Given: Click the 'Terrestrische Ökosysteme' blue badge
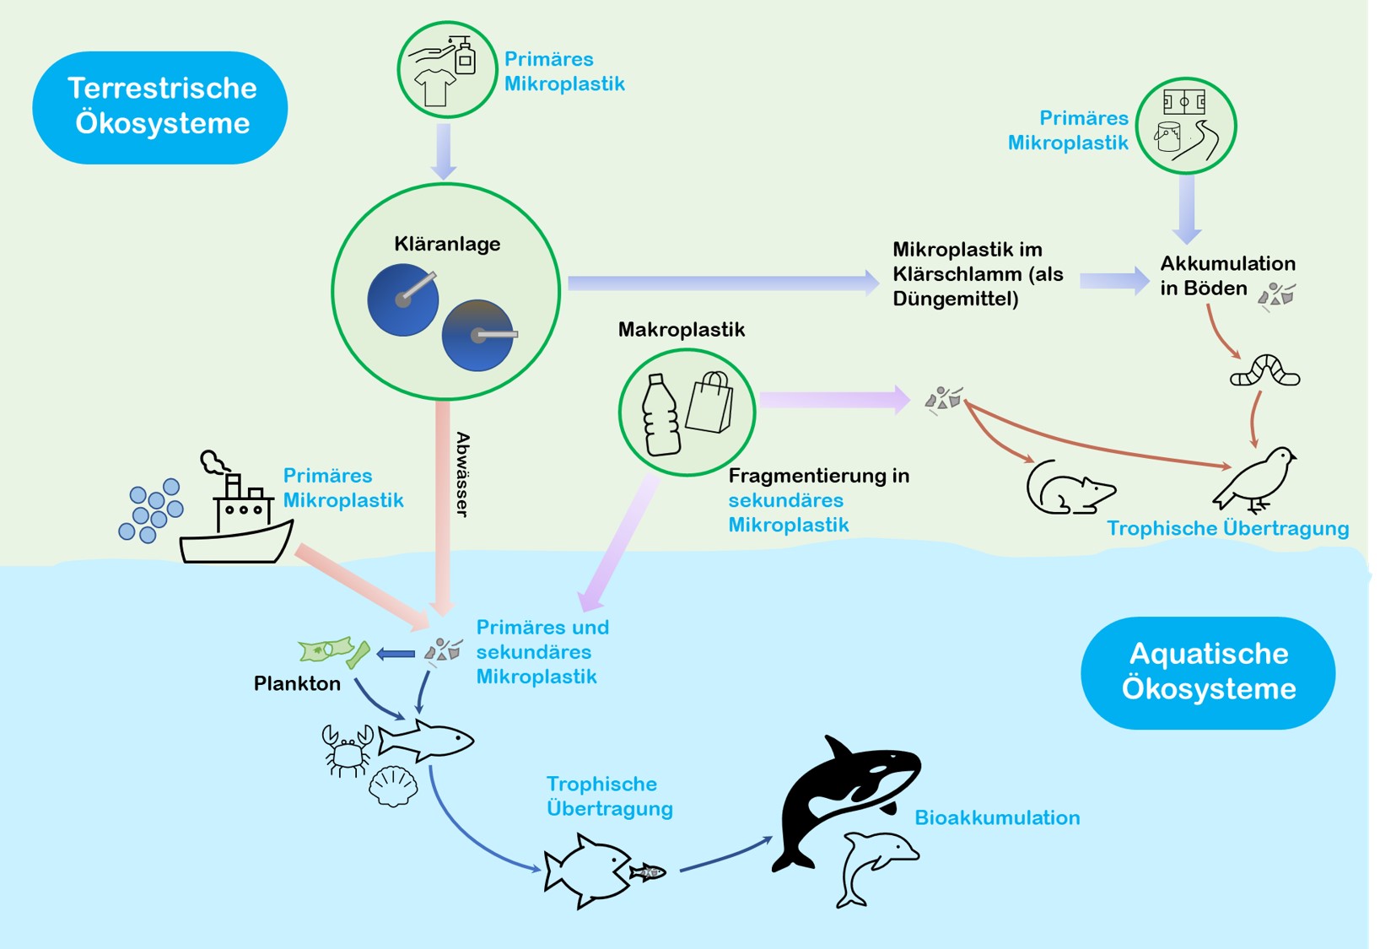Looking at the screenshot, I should (160, 107).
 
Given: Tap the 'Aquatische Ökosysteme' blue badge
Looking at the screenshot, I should (1208, 672).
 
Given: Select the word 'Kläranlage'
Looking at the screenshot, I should (447, 244).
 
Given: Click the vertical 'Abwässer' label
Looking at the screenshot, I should (462, 474).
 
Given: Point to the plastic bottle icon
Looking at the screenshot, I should (660, 415).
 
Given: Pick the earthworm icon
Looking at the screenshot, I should (1264, 372).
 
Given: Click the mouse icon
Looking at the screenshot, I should (1069, 488).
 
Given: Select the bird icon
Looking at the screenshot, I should (1257, 479).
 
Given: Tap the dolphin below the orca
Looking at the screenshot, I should (877, 865).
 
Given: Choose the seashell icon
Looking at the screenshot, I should (393, 786).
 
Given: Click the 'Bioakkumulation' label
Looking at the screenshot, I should (997, 817).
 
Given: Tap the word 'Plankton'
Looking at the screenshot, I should (297, 683).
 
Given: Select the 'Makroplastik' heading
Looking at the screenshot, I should (682, 330).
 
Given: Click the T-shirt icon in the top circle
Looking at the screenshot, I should (435, 87).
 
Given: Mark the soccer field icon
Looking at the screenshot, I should (1184, 102).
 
